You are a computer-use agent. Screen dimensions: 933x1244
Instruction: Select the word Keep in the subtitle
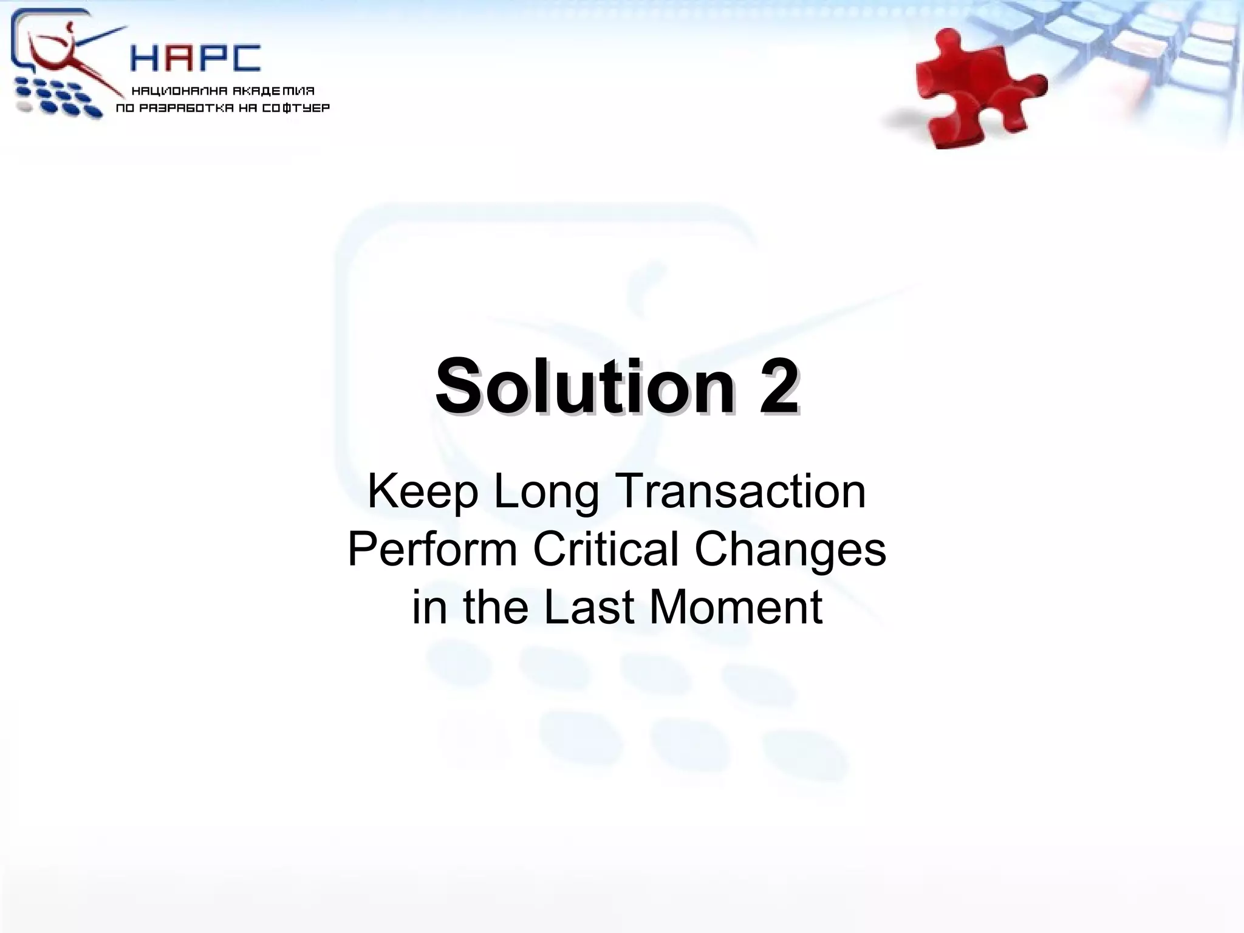pyautogui.click(x=423, y=492)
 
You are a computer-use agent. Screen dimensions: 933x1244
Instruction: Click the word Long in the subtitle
pyautogui.click(x=545, y=492)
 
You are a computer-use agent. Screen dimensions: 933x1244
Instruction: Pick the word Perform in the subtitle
pyautogui.click(x=432, y=549)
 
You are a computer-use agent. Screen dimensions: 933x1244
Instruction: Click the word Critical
pyautogui.click(x=606, y=549)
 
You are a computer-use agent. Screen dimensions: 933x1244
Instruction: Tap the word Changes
pyautogui.click(x=790, y=550)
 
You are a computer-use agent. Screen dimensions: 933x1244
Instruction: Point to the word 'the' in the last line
pyautogui.click(x=495, y=606)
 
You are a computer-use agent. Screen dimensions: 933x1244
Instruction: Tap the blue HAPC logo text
pyautogui.click(x=196, y=59)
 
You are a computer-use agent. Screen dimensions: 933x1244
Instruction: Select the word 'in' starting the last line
pyautogui.click(x=429, y=606)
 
